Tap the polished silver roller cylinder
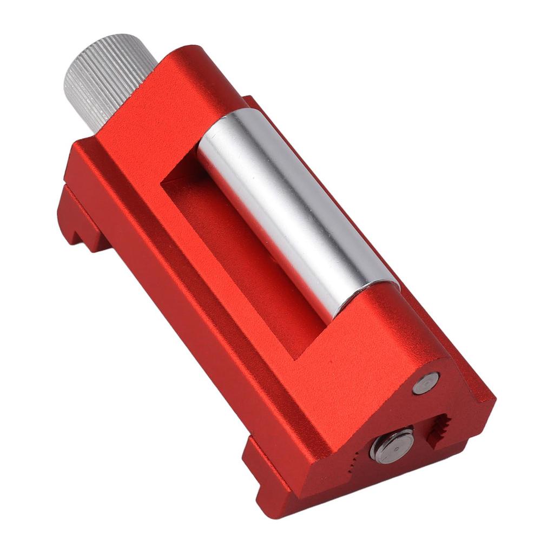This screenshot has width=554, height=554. click(x=298, y=211)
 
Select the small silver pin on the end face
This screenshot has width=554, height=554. click(x=426, y=383)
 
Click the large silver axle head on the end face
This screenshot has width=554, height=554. click(x=392, y=445)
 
